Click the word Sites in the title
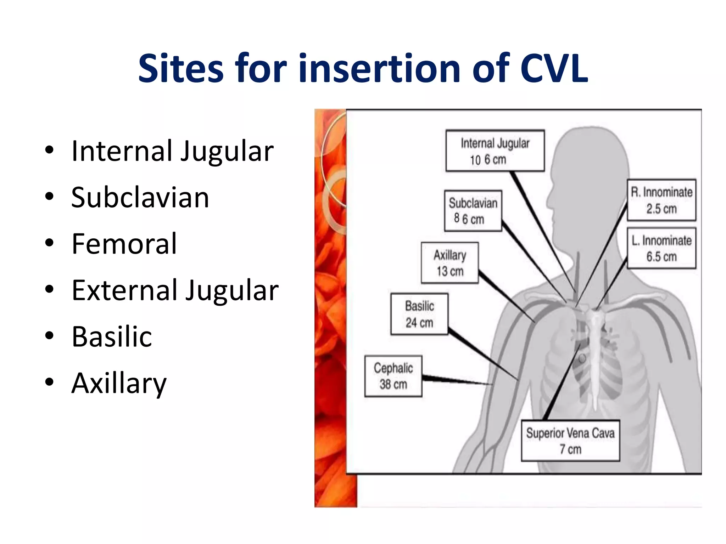pyautogui.click(x=181, y=68)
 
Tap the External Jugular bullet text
pyautogui.click(x=175, y=290)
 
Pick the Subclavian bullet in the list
pyautogui.click(x=140, y=197)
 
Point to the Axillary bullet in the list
pyautogui.click(x=119, y=383)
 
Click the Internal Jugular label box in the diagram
pyautogui.click(x=495, y=151)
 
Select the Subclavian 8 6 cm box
pyautogui.click(x=473, y=211)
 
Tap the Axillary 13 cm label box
pyautogui.click(x=449, y=263)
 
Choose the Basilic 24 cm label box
pyautogui.click(x=419, y=314)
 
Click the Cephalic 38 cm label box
pyautogui.click(x=393, y=376)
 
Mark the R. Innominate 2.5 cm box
pyautogui.click(x=661, y=200)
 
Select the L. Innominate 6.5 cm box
pyautogui.click(x=661, y=248)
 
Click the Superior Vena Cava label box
pyautogui.click(x=570, y=441)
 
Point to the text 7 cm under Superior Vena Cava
pyautogui.click(x=570, y=449)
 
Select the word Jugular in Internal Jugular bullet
pyautogui.click(x=227, y=151)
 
